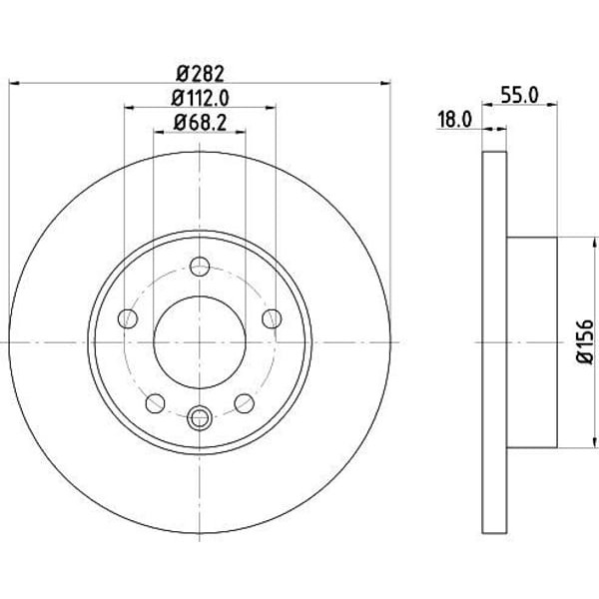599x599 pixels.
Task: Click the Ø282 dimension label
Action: click(x=200, y=74)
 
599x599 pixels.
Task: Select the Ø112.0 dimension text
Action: click(x=200, y=98)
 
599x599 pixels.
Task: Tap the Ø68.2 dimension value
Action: click(x=200, y=122)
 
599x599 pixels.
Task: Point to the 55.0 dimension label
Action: click(x=519, y=95)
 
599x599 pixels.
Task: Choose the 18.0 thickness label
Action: click(x=454, y=120)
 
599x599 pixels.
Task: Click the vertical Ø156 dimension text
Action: click(x=585, y=342)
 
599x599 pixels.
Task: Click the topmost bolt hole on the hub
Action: click(x=200, y=267)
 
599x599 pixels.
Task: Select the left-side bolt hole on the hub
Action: click(x=128, y=318)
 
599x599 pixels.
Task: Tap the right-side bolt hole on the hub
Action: click(x=272, y=318)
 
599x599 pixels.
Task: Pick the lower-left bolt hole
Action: click(x=155, y=403)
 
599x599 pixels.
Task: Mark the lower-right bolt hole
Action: click(x=245, y=403)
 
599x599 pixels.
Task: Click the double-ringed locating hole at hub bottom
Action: click(x=200, y=417)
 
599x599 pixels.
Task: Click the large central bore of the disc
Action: click(x=200, y=342)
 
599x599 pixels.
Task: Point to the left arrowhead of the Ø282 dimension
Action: click(x=14, y=83)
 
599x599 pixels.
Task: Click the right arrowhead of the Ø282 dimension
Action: click(x=385, y=83)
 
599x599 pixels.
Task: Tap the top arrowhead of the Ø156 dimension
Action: click(x=594, y=243)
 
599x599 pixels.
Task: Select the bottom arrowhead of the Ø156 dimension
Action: click(x=594, y=442)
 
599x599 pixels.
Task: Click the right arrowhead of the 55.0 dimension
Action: click(x=552, y=104)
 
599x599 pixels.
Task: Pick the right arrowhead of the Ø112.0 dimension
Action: click(x=271, y=108)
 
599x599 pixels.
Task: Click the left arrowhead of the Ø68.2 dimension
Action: click(x=159, y=132)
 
